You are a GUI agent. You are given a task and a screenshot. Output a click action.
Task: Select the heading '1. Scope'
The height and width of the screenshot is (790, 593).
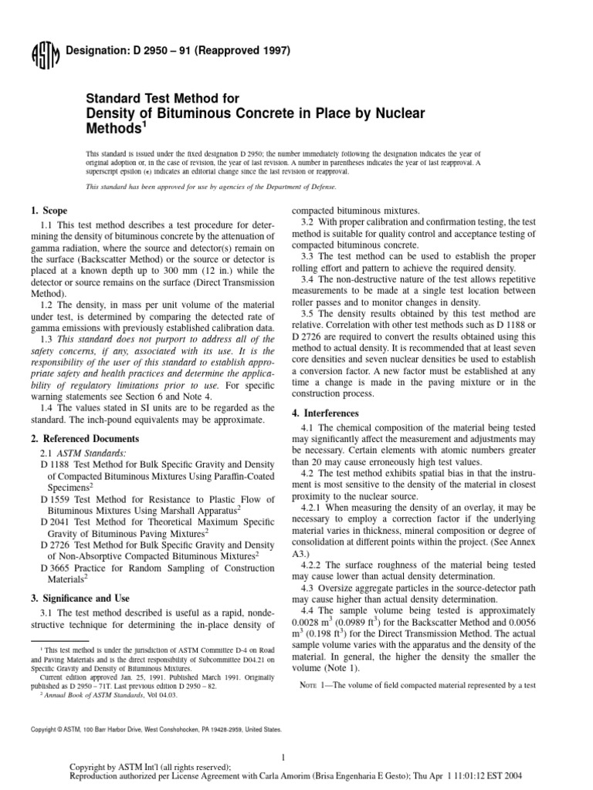point(49,211)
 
